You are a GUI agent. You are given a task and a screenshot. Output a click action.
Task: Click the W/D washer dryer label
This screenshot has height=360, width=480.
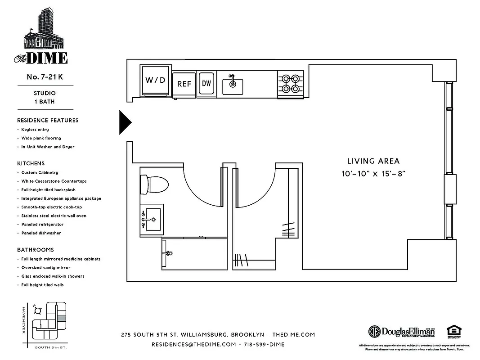[x=156, y=81]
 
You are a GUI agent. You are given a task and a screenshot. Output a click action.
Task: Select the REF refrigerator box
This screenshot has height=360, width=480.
[x=184, y=84]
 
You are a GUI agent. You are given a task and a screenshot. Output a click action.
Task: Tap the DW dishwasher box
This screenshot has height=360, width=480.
[x=206, y=83]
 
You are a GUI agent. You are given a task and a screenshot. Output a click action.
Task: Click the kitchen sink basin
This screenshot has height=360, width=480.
[x=233, y=86]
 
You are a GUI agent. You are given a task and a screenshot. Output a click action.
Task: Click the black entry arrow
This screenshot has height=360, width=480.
[x=125, y=122]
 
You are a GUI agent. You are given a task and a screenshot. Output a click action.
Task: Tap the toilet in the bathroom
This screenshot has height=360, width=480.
[x=154, y=183]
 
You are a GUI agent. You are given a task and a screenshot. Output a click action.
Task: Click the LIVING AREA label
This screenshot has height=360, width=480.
[x=373, y=161]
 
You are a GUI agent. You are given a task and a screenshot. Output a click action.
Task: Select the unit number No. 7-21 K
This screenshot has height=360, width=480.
[x=45, y=77]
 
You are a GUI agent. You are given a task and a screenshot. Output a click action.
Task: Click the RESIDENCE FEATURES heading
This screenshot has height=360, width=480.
[x=48, y=121]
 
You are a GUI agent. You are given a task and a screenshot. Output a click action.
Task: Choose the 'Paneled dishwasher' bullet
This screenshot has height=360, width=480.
[x=41, y=233]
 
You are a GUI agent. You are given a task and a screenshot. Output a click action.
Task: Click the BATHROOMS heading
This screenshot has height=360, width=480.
[x=35, y=250]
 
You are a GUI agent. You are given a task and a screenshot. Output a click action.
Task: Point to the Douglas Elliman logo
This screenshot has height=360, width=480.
[x=402, y=331]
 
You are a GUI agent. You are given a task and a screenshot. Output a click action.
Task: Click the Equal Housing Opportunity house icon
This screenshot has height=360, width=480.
[x=452, y=331]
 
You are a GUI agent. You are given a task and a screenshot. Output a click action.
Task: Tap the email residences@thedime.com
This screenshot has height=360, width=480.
[x=193, y=344]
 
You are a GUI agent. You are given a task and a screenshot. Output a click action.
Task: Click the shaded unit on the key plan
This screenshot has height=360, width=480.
[x=62, y=318]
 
